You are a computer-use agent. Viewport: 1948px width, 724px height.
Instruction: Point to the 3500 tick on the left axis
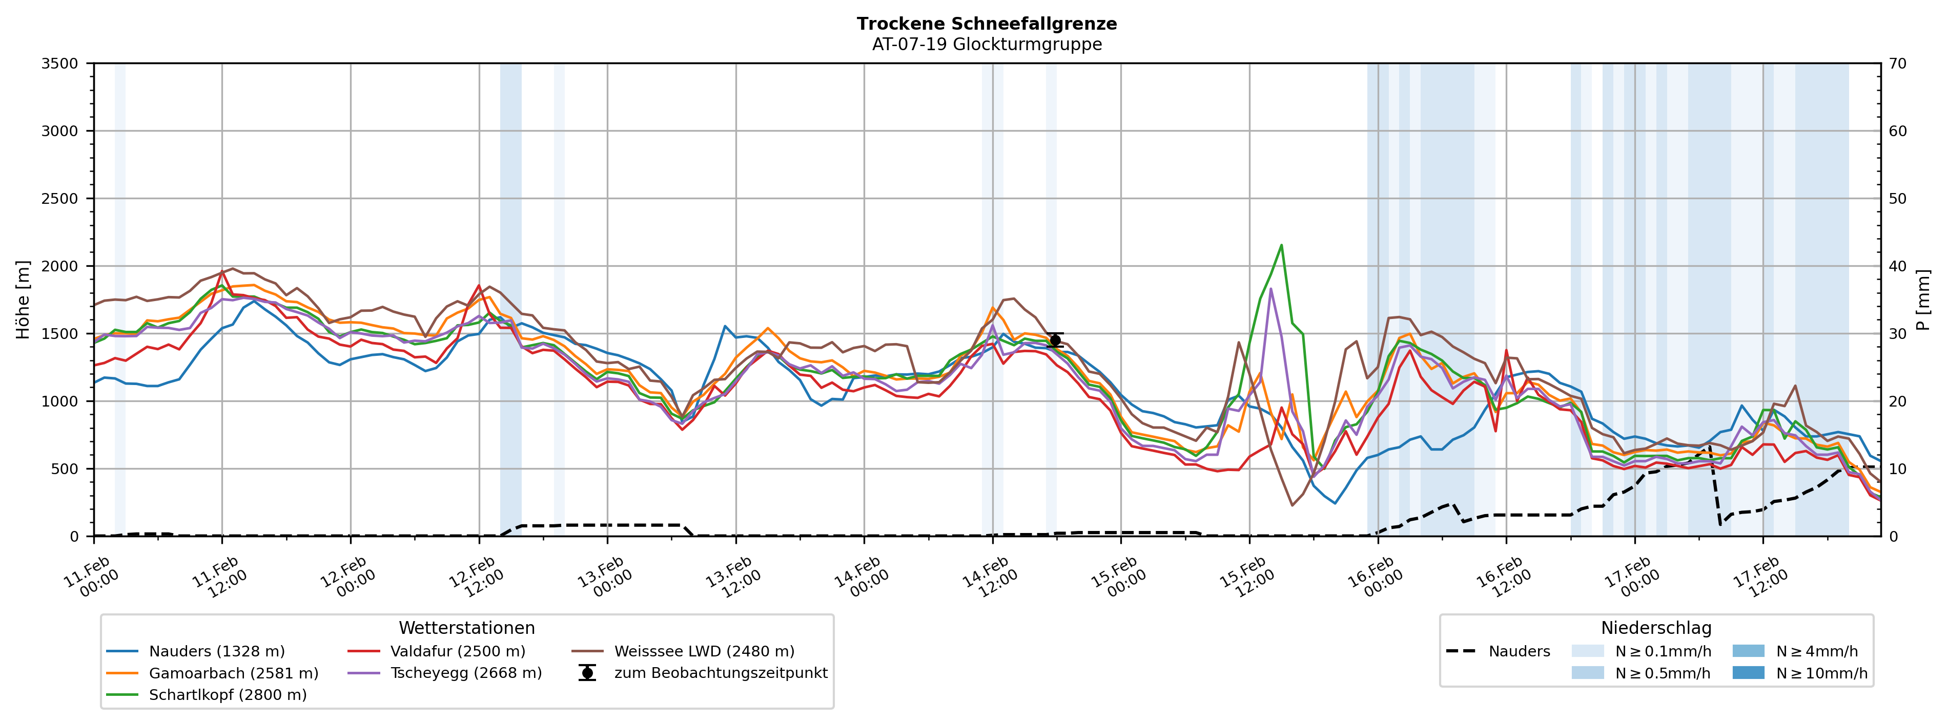[60, 63]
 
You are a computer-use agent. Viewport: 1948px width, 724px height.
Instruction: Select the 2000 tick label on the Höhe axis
[60, 266]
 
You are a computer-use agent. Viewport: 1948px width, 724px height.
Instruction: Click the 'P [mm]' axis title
[1923, 299]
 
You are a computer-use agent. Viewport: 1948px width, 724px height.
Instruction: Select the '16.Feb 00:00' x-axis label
[1374, 578]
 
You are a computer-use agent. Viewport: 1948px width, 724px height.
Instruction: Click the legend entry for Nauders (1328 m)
[216, 651]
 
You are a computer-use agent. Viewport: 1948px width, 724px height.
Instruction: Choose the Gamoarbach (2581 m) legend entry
[233, 673]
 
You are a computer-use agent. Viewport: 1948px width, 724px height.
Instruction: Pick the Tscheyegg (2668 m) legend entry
[465, 673]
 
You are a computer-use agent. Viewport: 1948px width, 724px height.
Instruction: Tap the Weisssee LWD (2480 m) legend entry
[703, 651]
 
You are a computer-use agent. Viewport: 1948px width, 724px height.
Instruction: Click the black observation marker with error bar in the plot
[1055, 339]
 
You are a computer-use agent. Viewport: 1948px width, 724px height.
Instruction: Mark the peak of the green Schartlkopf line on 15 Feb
[1281, 245]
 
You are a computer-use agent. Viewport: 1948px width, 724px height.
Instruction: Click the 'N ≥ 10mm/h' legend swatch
[1748, 673]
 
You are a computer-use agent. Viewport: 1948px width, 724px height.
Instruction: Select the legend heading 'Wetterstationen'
[466, 628]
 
